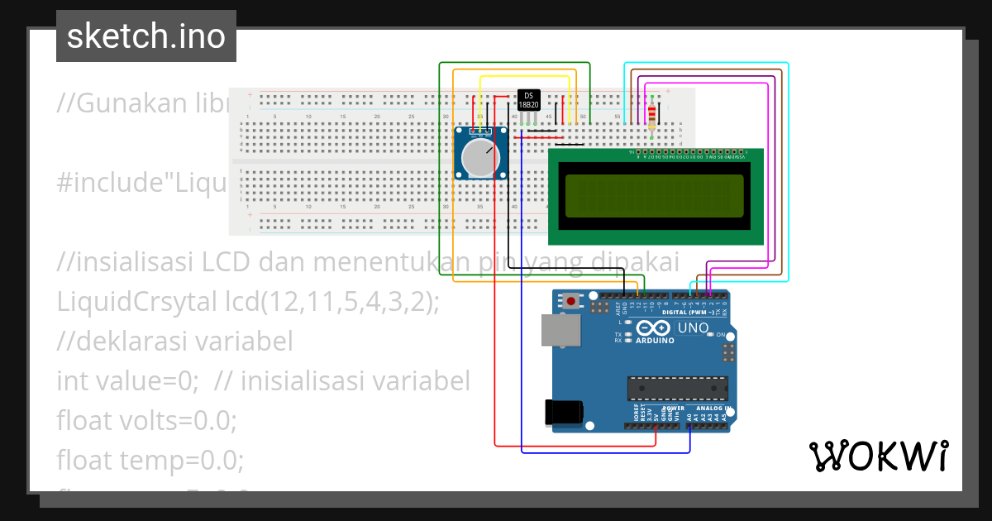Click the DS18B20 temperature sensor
point(528,100)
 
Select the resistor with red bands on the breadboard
point(653,114)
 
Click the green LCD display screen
point(655,189)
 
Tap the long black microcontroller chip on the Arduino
point(678,388)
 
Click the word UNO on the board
point(693,328)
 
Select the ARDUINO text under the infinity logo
point(655,339)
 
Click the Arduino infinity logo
point(655,327)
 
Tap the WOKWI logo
point(877,456)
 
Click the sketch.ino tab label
point(146,36)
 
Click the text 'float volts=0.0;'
point(146,421)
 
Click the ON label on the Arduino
point(719,335)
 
